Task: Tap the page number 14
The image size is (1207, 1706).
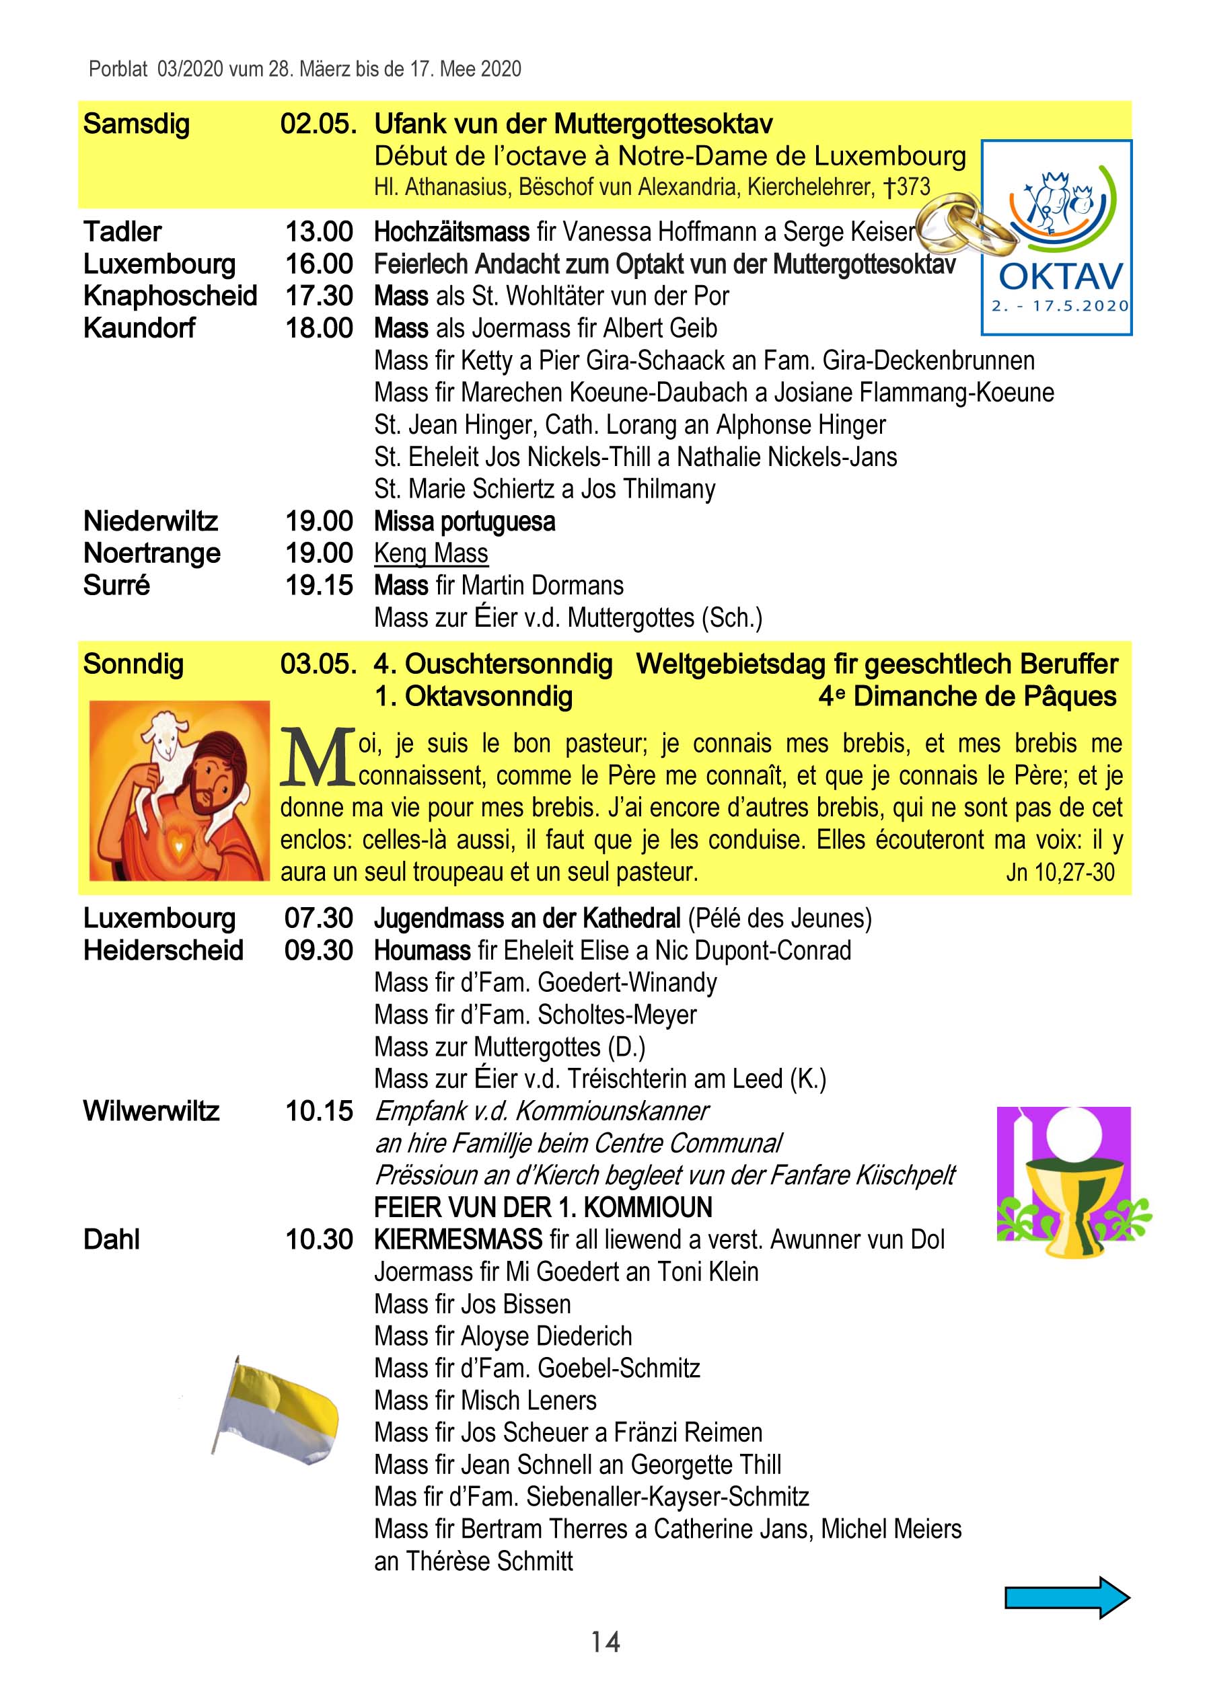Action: pos(605,1641)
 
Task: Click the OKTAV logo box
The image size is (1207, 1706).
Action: pos(1057,238)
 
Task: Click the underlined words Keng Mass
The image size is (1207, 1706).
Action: pos(431,553)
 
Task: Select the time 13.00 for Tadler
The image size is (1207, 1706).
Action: pos(319,232)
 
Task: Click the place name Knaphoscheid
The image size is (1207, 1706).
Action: pos(170,296)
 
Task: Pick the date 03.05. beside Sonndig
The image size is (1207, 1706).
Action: pos(318,664)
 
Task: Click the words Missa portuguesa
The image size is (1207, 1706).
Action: pos(464,522)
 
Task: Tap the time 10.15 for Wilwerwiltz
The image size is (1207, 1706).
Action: pos(319,1111)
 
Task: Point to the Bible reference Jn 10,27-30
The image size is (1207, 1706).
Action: pos(1060,871)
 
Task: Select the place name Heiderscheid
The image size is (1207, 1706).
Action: pos(163,950)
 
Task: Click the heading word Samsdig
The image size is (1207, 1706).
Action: pos(136,124)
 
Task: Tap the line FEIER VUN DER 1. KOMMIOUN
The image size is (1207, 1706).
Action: pos(542,1208)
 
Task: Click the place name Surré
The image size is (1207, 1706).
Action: pos(116,586)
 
